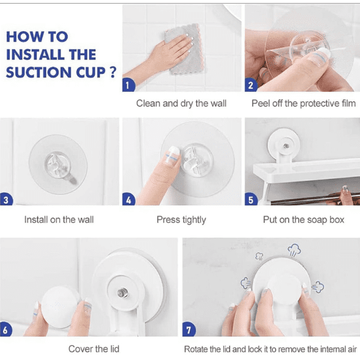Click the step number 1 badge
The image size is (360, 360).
tap(128, 85)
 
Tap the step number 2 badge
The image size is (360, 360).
tap(251, 85)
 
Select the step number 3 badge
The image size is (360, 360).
tap(6, 199)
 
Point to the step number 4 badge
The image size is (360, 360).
tap(128, 199)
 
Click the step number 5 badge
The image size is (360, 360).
tap(251, 199)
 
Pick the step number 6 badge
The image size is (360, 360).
tap(5, 329)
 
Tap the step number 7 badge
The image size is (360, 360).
tap(189, 329)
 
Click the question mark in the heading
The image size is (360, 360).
tap(113, 72)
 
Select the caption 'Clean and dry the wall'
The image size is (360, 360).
tap(181, 104)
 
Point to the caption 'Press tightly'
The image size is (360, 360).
tap(181, 220)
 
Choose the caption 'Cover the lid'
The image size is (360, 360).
tap(94, 349)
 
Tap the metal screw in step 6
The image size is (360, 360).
tap(122, 293)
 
